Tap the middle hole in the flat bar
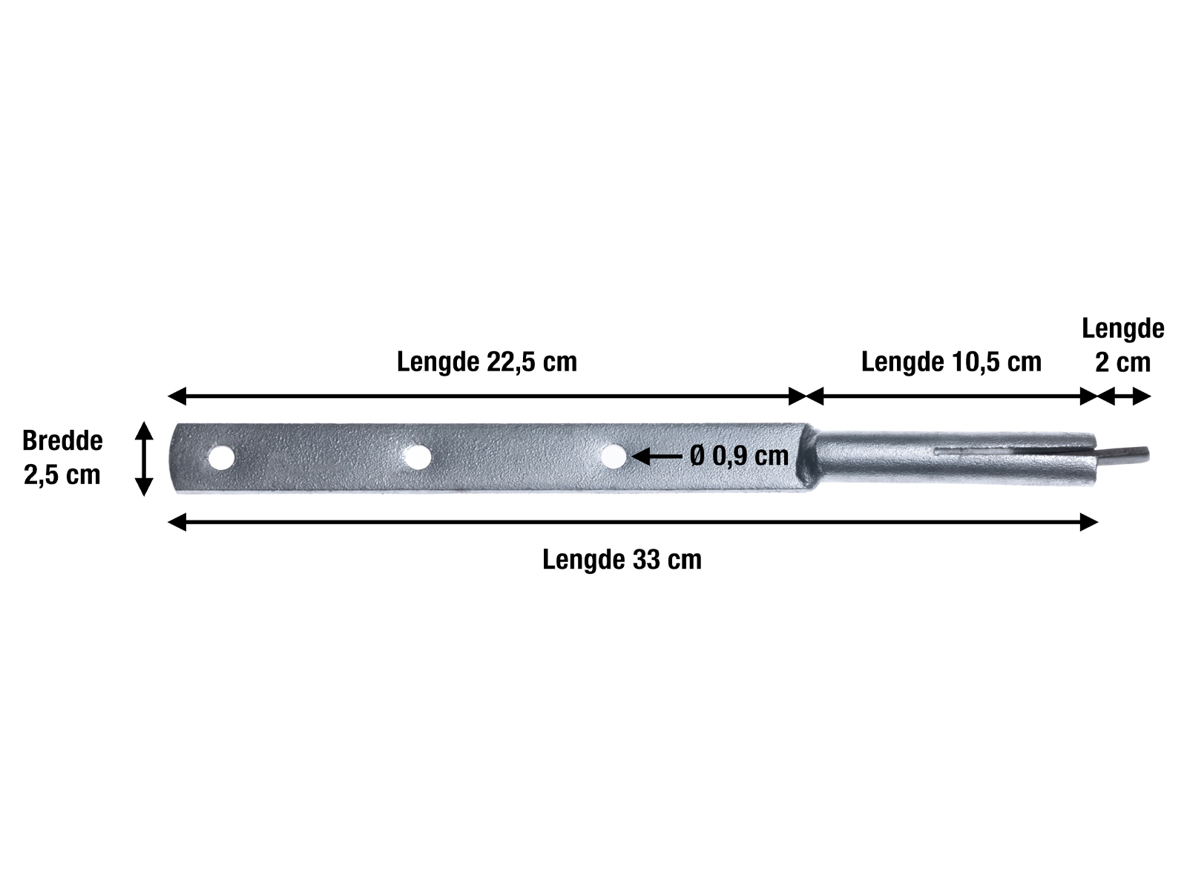tap(418, 457)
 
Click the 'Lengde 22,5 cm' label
tap(487, 362)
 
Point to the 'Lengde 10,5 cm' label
tap(951, 362)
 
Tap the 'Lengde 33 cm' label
tap(622, 560)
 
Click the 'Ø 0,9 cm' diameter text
tap(739, 456)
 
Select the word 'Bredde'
tap(63, 441)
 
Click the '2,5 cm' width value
tap(62, 475)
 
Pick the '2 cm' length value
tap(1123, 362)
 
